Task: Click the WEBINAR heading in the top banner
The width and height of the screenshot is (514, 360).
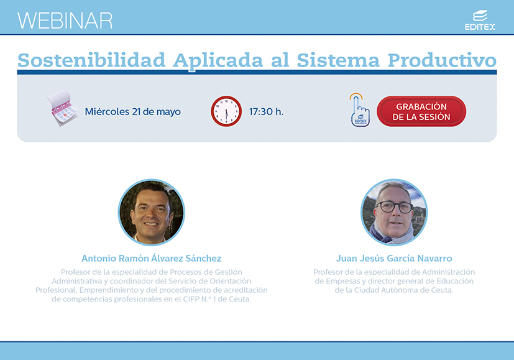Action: coord(65,21)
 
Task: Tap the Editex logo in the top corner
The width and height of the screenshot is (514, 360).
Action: coord(480,21)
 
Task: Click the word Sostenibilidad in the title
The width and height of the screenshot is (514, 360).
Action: coord(91,60)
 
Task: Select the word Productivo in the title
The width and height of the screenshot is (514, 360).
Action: coord(442,60)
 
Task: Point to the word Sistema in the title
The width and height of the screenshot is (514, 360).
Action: coord(337,60)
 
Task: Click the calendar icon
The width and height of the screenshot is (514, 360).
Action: coord(62,109)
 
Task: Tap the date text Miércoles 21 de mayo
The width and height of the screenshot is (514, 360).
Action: coord(133,112)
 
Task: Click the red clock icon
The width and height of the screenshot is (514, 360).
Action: coord(226,111)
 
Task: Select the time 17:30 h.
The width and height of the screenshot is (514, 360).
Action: coord(266,112)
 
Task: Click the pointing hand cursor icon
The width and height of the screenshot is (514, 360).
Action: coord(360,110)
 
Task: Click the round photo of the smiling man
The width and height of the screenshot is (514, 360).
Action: coord(152,212)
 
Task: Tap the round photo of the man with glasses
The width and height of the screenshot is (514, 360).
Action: coord(394,212)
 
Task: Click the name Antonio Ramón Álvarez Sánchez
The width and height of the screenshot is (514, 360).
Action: coord(152,259)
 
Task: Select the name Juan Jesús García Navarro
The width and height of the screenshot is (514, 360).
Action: coord(394,259)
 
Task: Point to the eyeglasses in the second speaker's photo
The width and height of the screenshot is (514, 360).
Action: coord(394,207)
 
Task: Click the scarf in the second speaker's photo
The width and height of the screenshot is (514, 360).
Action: coord(392,234)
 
